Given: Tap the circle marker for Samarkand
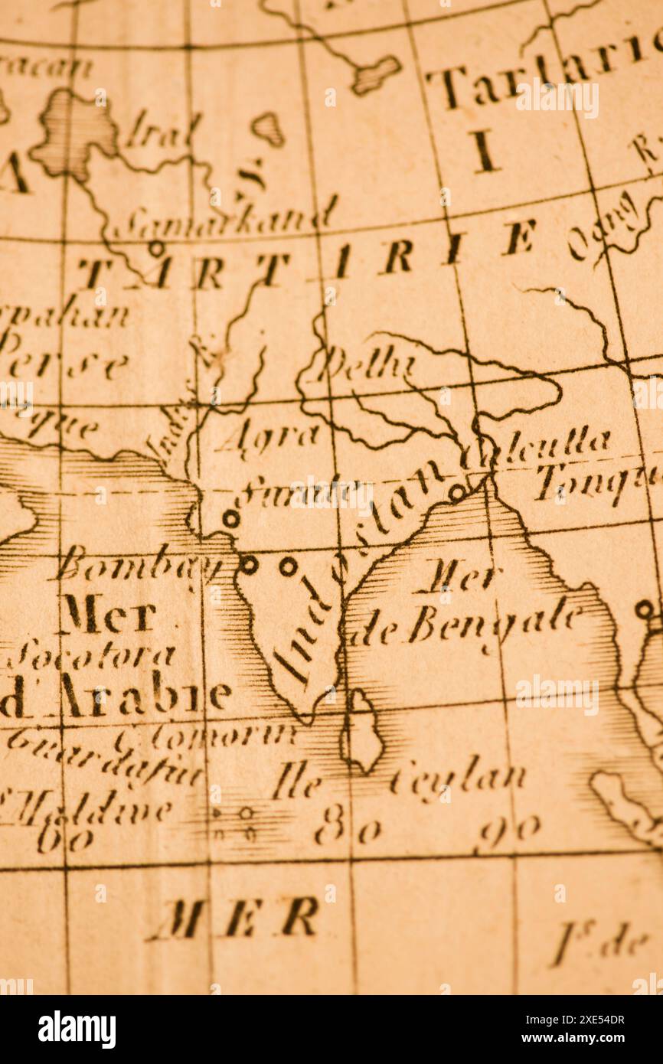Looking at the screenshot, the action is point(156,248).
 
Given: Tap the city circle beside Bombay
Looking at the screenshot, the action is point(248,565).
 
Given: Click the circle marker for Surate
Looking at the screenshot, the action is point(230,519).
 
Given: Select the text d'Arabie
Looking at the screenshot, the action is point(115,697).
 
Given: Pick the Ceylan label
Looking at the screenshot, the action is point(458,779).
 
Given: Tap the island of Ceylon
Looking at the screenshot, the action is point(363,731).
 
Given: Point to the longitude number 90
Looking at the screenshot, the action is point(508,829).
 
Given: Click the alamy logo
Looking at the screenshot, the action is point(77,1029).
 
